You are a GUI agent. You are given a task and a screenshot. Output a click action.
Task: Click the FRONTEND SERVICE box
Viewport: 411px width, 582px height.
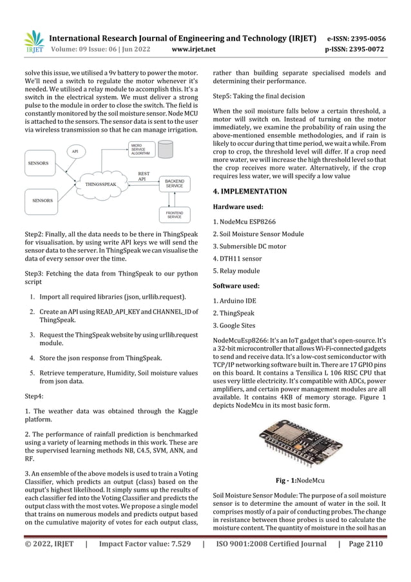[x=174, y=215]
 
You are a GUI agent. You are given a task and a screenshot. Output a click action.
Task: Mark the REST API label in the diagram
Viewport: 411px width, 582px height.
[x=144, y=176]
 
